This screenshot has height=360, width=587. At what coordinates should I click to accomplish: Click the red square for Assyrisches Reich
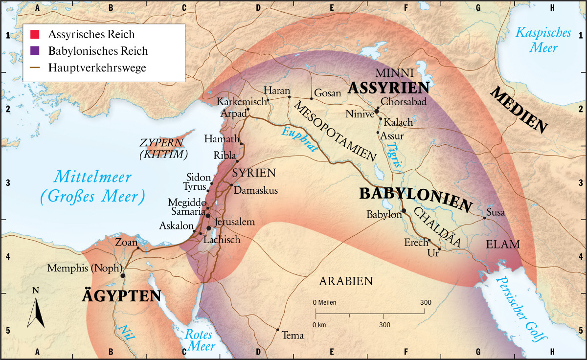35,35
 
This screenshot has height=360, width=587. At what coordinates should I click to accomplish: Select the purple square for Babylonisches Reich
35,51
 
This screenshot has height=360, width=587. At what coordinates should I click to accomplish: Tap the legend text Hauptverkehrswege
97,67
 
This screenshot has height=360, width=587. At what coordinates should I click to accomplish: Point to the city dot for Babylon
404,211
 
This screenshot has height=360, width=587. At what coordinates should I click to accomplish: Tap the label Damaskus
256,190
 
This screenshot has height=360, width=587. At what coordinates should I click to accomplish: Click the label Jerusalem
235,222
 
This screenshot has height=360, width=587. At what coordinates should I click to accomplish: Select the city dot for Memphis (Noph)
123,275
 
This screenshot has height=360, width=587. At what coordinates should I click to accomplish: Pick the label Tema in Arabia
293,336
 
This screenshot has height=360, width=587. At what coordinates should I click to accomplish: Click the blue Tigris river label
394,156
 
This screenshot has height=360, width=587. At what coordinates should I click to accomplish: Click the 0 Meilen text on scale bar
324,302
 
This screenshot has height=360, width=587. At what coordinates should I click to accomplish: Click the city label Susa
496,213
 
